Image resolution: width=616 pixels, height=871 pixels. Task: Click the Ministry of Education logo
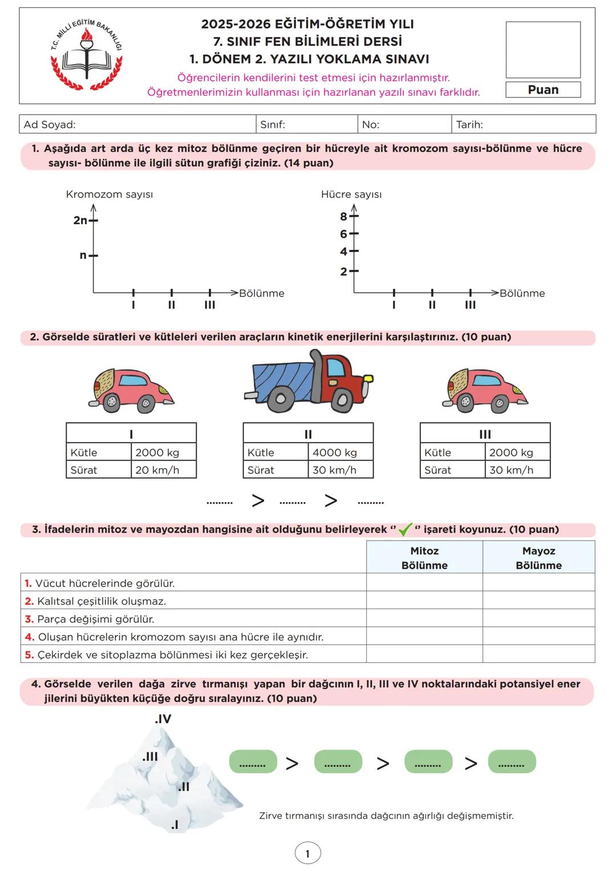pyautogui.click(x=86, y=55)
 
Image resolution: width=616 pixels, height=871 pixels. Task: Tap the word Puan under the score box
pyautogui.click(x=543, y=90)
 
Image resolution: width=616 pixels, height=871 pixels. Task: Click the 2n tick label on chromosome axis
pyautogui.click(x=80, y=220)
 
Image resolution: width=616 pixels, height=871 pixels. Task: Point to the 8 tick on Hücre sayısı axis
pyautogui.click(x=343, y=216)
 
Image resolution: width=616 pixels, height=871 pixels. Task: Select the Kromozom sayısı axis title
pyautogui.click(x=110, y=195)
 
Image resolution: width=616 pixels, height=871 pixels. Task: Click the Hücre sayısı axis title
pyautogui.click(x=351, y=195)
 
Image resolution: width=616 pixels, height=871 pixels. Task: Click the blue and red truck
pyautogui.click(x=309, y=382)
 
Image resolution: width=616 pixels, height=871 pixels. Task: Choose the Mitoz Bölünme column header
pyautogui.click(x=424, y=558)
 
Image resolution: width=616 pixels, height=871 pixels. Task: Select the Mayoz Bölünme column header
pyautogui.click(x=538, y=558)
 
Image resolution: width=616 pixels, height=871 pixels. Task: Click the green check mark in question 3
pyautogui.click(x=405, y=529)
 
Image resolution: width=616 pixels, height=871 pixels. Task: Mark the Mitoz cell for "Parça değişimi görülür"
pyautogui.click(x=424, y=619)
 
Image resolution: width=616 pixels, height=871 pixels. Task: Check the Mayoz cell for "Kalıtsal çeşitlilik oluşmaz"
pyautogui.click(x=538, y=601)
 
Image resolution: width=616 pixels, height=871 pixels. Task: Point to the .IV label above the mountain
pyautogui.click(x=163, y=719)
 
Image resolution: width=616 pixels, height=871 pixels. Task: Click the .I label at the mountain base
pyautogui.click(x=175, y=825)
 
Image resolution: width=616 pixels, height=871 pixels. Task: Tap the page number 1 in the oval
pyautogui.click(x=307, y=854)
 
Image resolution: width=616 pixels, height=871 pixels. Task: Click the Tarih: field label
pyautogui.click(x=469, y=124)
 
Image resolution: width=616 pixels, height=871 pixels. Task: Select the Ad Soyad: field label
pyautogui.click(x=50, y=124)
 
